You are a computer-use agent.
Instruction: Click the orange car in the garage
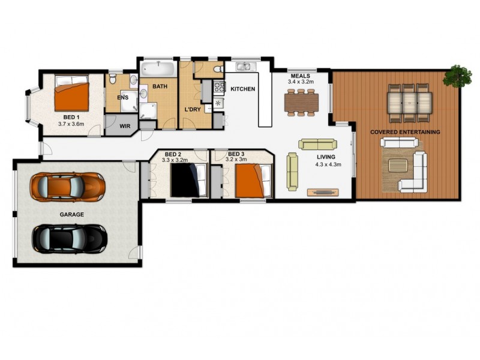pyautogui.click(x=68, y=186)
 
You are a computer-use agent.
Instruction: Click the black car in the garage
pyautogui.click(x=70, y=238)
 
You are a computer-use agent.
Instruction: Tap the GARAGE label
pyautogui.click(x=71, y=214)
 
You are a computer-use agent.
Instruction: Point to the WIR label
pyautogui.click(x=125, y=127)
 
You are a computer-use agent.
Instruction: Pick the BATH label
pyautogui.click(x=160, y=86)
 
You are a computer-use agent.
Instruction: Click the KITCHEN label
pyautogui.click(x=243, y=89)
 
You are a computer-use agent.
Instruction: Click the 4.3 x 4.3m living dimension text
pyautogui.click(x=328, y=164)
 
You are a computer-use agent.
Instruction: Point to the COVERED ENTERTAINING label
pyautogui.click(x=405, y=132)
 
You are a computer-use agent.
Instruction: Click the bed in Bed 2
pyautogui.click(x=189, y=180)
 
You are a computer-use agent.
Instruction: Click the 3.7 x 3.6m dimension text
pyautogui.click(x=71, y=124)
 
